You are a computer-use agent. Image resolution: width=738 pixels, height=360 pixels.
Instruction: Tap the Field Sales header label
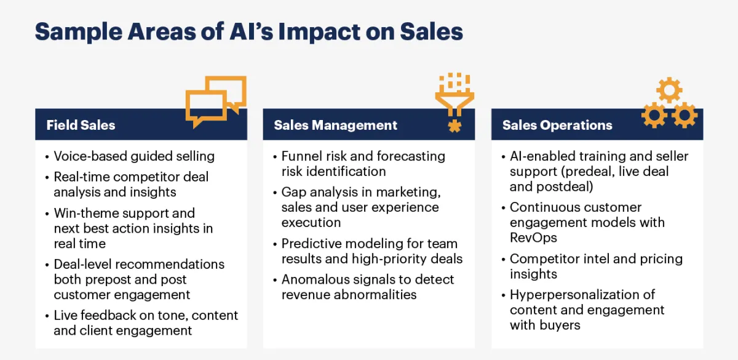(x=81, y=126)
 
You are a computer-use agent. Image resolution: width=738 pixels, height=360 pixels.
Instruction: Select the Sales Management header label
(x=335, y=126)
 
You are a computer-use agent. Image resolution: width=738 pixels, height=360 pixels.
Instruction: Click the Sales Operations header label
(x=557, y=126)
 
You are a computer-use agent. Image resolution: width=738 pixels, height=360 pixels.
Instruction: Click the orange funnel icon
(x=454, y=94)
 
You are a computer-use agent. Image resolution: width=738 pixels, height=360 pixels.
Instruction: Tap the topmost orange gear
(x=669, y=90)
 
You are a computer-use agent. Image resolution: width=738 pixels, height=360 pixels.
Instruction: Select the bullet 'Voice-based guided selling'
(x=134, y=156)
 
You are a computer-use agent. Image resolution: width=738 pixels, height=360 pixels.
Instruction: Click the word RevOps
(x=533, y=238)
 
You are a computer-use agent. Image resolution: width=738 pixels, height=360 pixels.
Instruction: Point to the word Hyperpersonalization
(x=582, y=295)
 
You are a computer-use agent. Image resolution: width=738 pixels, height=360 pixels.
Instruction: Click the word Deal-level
(x=84, y=265)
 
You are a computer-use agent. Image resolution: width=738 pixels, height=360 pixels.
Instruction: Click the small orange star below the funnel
(x=454, y=126)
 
